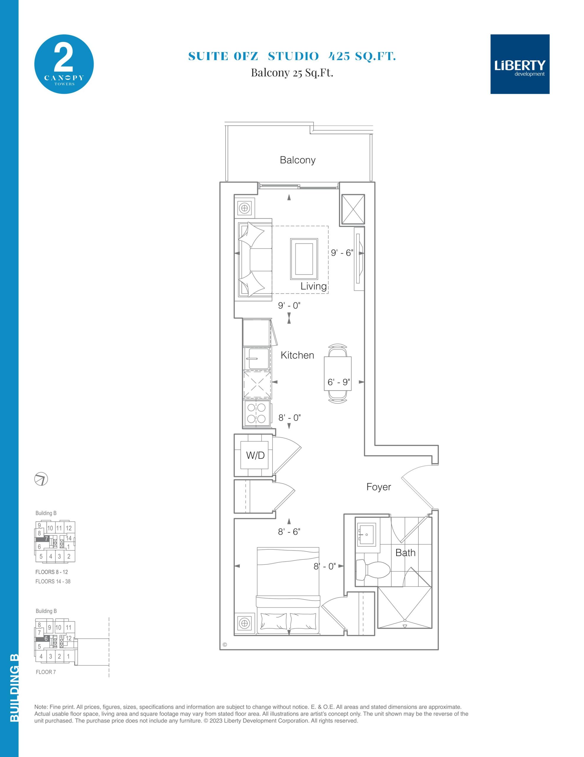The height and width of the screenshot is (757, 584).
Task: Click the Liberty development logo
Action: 520,64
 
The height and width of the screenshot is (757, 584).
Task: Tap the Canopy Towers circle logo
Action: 64,64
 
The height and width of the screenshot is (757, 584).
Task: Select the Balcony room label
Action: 298,160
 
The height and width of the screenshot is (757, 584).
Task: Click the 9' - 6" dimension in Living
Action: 342,253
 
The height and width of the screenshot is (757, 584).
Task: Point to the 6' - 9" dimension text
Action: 339,382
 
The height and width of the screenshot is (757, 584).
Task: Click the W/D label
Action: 255,455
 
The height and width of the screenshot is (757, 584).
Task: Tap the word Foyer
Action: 379,487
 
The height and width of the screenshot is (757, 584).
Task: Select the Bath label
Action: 405,552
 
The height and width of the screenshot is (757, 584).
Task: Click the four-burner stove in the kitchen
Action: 257,413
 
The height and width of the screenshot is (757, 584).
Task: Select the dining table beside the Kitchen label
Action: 337,373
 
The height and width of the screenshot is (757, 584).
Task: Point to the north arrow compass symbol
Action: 41,479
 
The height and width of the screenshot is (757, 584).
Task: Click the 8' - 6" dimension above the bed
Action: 289,532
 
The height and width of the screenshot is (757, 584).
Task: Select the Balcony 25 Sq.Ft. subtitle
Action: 292,73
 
